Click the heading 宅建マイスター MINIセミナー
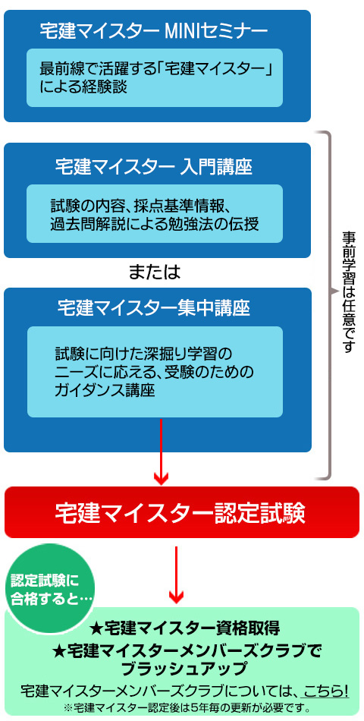pos(154,31)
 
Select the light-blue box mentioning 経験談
pos(155,77)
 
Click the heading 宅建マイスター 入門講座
pos(154,166)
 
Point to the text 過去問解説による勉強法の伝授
pos(155,225)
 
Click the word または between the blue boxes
pos(154,272)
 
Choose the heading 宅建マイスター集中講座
pos(154,308)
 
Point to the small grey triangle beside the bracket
pos(333,291)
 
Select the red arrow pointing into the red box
pos(161,452)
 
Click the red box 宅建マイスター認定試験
pos(181,512)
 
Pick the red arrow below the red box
pos(176,575)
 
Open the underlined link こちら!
pos(325,691)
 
